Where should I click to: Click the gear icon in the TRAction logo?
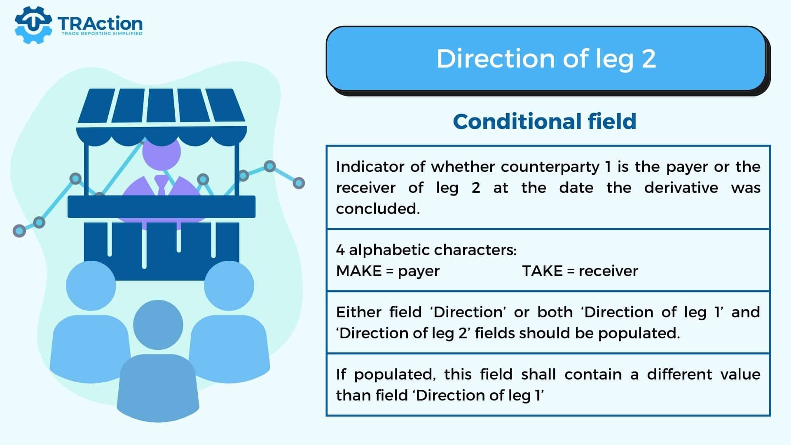coord(33,25)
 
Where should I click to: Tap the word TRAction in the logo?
coord(100,23)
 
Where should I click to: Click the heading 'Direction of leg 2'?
coord(546,59)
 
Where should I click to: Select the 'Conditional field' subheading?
coord(545,122)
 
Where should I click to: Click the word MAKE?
coord(358,271)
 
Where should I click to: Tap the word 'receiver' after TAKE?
coord(608,271)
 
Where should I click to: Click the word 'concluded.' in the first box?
coord(378,209)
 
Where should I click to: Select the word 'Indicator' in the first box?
coord(370,167)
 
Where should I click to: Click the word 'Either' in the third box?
coord(358,312)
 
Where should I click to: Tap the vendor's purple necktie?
coord(161,185)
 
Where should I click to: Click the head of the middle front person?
coord(158,325)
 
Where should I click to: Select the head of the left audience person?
coord(91,286)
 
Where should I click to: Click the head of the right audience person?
coord(229,286)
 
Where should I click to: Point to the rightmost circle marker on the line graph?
coord(299,183)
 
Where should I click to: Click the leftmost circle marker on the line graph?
coord(19,231)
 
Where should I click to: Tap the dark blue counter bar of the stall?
coord(161,207)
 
